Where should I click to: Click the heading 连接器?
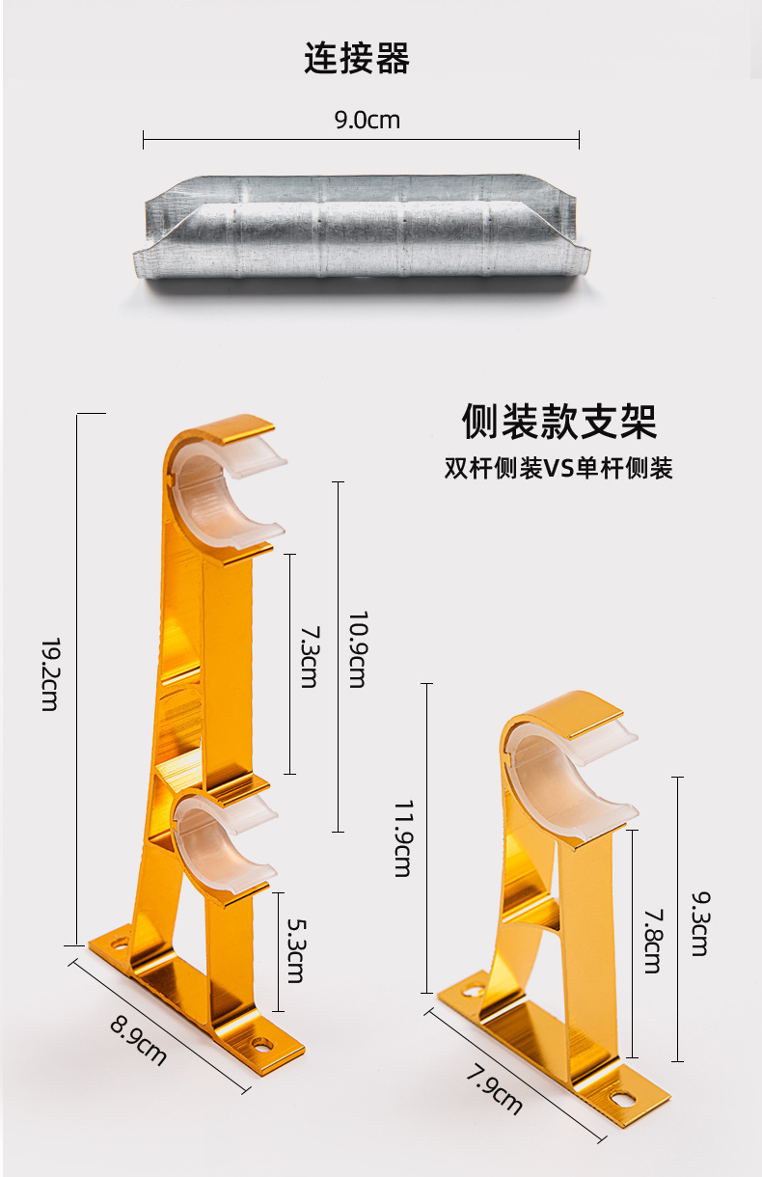point(357,59)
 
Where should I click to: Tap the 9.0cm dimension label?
point(367,121)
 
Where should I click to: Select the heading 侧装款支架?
point(558,422)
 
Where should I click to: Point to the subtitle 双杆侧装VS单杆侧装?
point(558,469)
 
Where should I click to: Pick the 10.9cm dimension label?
point(357,649)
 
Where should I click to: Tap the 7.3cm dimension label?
point(309,657)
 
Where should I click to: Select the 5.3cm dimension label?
point(295,949)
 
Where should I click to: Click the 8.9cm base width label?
point(138,1038)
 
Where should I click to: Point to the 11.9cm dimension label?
point(403,837)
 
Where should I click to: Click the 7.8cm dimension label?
point(652,940)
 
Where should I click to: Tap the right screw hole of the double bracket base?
point(262,1044)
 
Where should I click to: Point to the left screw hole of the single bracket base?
point(473,990)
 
